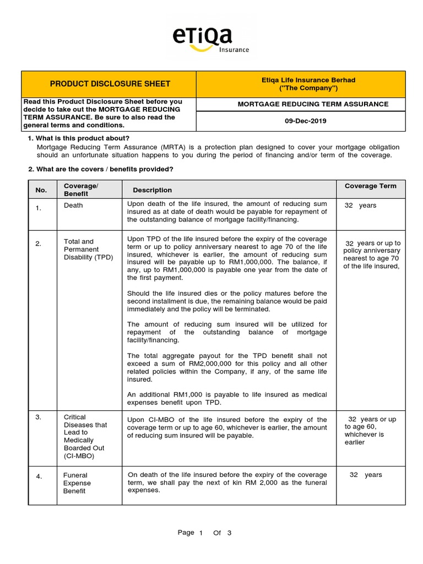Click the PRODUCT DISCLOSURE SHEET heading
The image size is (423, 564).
click(110, 84)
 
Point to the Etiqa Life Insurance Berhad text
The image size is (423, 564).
click(301, 80)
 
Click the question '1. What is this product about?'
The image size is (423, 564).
click(78, 138)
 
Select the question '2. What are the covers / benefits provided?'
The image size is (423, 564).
click(101, 169)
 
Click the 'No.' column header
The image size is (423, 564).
click(41, 190)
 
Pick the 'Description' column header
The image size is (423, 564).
click(152, 190)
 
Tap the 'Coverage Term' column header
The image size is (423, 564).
click(370, 186)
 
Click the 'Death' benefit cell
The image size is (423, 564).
click(73, 205)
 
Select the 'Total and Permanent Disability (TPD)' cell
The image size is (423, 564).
click(88, 250)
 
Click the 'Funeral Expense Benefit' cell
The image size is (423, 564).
click(77, 483)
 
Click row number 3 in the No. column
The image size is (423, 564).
click(39, 417)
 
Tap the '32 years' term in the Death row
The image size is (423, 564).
click(360, 205)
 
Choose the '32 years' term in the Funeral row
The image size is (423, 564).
click(365, 475)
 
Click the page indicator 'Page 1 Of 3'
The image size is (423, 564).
click(204, 533)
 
